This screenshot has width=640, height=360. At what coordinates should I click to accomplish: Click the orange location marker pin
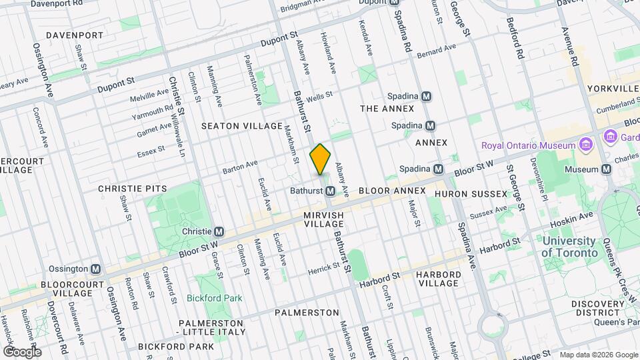click(x=321, y=159)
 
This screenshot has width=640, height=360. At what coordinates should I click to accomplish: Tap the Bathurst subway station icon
click(x=331, y=191)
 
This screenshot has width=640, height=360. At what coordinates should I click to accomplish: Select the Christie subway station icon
click(x=218, y=231)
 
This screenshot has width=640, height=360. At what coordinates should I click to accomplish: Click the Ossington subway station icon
click(x=96, y=269)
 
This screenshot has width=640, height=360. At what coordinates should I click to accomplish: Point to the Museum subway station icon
click(x=606, y=169)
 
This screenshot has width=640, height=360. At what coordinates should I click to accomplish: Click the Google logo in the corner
click(x=21, y=351)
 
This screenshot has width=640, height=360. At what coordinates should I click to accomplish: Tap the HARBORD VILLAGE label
click(x=438, y=279)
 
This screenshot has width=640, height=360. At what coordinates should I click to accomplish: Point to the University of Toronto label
click(x=569, y=247)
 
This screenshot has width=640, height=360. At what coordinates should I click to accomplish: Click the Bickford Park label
click(x=214, y=298)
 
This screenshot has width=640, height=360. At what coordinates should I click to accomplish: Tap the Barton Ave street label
click(x=240, y=164)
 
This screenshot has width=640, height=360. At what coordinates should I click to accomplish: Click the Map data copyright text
click(x=598, y=354)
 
